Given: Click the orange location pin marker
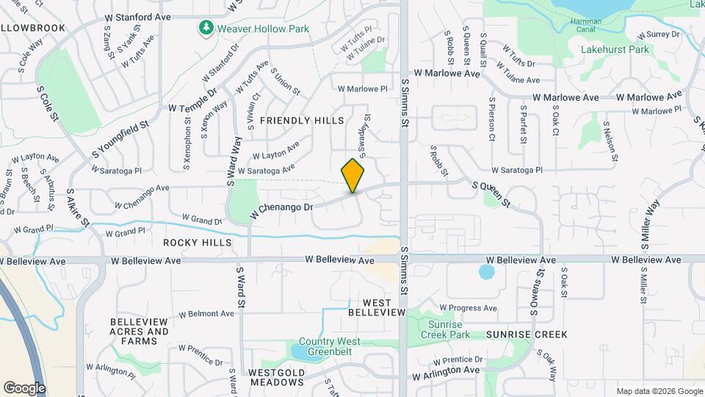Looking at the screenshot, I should coord(353,176).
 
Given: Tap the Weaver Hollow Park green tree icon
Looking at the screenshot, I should coord(206,28).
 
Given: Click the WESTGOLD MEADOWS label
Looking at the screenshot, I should coord(277,378).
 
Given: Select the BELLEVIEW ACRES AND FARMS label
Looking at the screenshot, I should coord(139,332).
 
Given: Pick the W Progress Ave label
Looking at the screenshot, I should coord(469,307).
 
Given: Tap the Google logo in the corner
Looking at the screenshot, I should coord(24,387).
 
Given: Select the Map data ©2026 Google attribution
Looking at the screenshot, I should coord(659,391).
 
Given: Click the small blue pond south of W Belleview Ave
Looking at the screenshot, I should coord(486,273).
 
